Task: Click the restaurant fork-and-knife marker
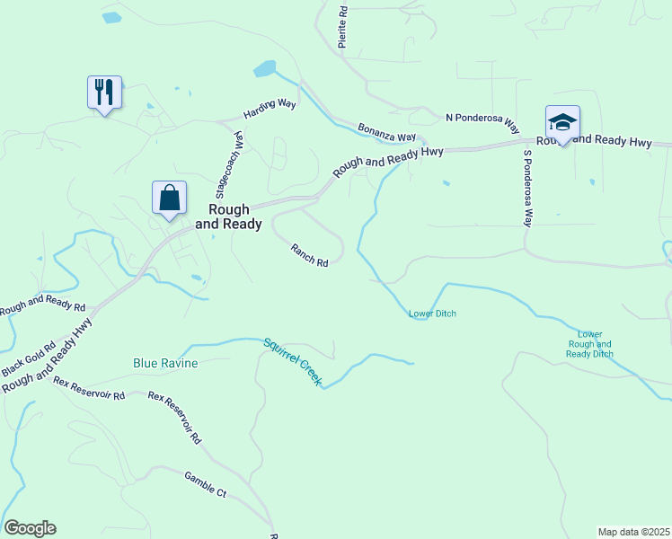point(104,92)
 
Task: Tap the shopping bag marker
point(170,197)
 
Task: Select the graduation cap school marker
point(562,122)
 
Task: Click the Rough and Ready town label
point(228,217)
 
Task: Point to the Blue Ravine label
point(165,363)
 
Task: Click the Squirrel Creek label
point(292,361)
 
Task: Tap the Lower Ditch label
point(432,314)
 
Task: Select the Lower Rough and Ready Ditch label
point(590,344)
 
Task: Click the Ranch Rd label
point(309,256)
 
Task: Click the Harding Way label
point(270,110)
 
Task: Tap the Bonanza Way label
point(386,132)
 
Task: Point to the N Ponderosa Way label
point(482,119)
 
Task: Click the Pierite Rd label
point(341,27)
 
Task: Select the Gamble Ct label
point(205,483)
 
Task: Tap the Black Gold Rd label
point(28,358)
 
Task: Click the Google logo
point(30,528)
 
